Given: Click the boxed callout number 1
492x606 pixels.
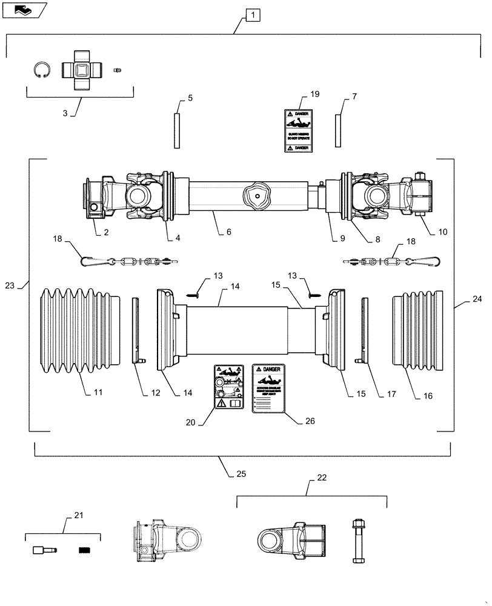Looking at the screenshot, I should click(253, 15).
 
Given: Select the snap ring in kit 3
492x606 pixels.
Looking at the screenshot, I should click(41, 71).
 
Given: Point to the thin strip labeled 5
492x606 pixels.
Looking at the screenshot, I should click(176, 130).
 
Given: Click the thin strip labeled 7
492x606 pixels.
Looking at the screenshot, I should click(338, 130).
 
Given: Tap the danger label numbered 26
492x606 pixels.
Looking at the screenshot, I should click(268, 388).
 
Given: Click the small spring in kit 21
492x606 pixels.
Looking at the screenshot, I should click(84, 550).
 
